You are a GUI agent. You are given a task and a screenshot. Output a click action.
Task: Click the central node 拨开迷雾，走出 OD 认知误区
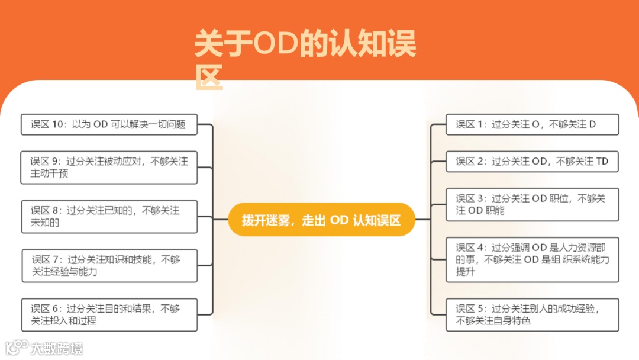pyautogui.click(x=321, y=220)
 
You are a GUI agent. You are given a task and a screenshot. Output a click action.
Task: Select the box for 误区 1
pyautogui.click(x=532, y=124)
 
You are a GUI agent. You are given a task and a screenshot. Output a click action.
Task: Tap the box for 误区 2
pyautogui.click(x=532, y=161)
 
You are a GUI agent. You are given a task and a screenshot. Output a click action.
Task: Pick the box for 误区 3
pyautogui.click(x=532, y=204)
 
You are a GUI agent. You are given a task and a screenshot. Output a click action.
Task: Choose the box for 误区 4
pyautogui.click(x=532, y=259)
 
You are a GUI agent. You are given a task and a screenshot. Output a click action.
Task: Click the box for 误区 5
pyautogui.click(x=532, y=314)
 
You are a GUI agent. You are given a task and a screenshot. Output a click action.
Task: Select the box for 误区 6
pyautogui.click(x=109, y=314)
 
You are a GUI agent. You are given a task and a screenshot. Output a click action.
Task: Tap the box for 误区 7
pyautogui.click(x=109, y=266)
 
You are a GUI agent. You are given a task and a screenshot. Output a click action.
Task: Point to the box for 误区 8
pyautogui.click(x=109, y=217)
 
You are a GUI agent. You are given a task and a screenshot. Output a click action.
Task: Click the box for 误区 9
pyautogui.click(x=109, y=168)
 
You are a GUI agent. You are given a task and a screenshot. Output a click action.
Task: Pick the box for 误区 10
pyautogui.click(x=109, y=124)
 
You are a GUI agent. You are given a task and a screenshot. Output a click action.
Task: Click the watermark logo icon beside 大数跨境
pyautogui.click(x=17, y=347)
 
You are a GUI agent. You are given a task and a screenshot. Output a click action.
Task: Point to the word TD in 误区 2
pyautogui.click(x=602, y=161)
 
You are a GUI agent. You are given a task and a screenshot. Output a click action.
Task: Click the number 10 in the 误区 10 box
pyautogui.click(x=57, y=124)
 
